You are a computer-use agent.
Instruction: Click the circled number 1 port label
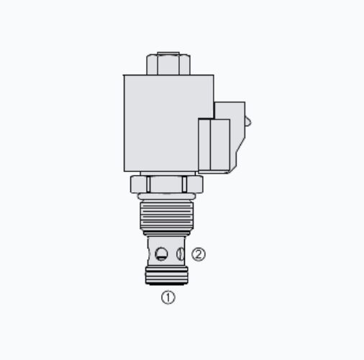click(x=168, y=297)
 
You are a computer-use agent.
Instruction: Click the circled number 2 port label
click(x=199, y=254)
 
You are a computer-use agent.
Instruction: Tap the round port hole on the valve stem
click(x=161, y=254)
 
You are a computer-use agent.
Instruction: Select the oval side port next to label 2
click(x=181, y=254)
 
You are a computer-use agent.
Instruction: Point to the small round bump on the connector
click(x=248, y=122)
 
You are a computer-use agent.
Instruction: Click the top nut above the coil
click(x=168, y=65)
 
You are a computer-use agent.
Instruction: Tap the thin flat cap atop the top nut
click(x=168, y=53)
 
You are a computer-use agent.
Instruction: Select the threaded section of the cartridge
click(x=167, y=216)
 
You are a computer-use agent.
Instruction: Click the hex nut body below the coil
click(x=167, y=184)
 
